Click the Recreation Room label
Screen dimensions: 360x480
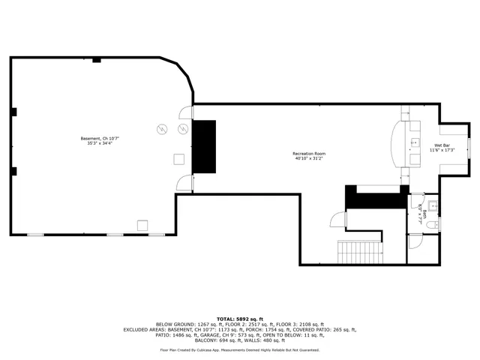[309, 156]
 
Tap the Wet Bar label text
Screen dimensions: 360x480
[442, 147]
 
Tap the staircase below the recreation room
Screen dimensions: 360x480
[358, 253]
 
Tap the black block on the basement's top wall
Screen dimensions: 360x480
[96, 60]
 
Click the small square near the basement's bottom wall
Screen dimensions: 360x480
[142, 224]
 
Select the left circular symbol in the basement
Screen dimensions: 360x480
[160, 129]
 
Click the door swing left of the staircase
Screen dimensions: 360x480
[337, 218]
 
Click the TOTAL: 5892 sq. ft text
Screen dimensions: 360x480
[239, 318]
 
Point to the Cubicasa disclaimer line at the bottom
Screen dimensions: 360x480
[239, 349]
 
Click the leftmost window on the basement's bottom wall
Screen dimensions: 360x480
[36, 235]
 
